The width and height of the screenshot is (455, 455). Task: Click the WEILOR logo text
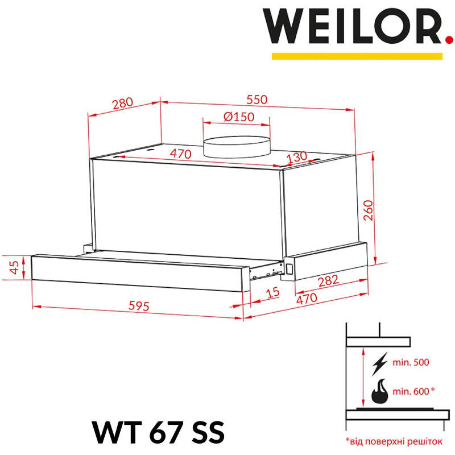click(x=350, y=27)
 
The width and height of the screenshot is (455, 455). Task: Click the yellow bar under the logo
click(x=357, y=56)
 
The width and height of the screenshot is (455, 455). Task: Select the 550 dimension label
click(x=257, y=99)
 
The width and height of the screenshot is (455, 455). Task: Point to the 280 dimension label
click(x=122, y=104)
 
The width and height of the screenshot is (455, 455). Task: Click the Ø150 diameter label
click(x=238, y=117)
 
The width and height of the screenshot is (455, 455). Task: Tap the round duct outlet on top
click(x=238, y=146)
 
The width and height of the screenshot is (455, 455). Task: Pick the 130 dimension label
click(x=297, y=156)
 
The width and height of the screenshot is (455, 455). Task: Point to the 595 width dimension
click(x=139, y=307)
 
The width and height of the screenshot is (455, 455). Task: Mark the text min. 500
click(x=411, y=362)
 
